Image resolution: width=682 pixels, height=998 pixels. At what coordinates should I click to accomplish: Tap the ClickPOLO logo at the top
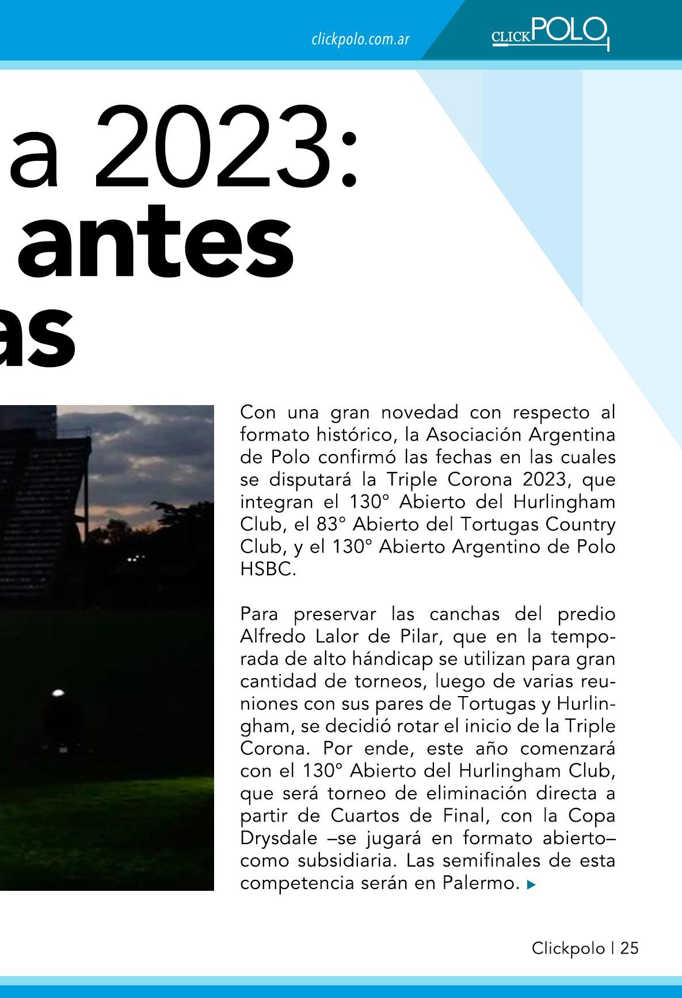[x=549, y=33]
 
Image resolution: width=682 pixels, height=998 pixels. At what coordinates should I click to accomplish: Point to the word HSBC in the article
[x=267, y=570]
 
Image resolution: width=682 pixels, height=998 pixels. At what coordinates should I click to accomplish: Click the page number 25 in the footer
[x=629, y=948]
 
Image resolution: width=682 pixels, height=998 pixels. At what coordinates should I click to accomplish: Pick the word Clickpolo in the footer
[x=568, y=948]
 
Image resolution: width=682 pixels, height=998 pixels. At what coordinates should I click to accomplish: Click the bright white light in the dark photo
[x=58, y=693]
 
